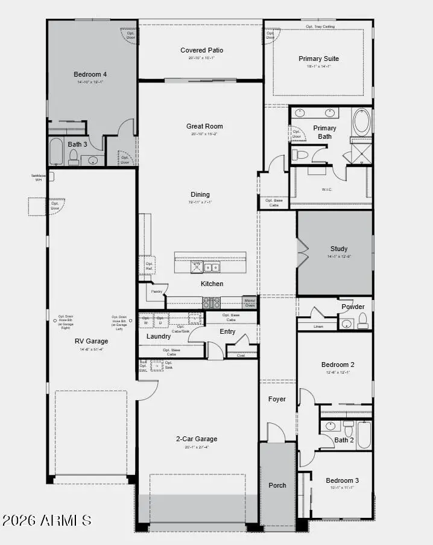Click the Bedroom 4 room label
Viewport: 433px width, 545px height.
90,75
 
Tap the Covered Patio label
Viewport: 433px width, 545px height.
201,50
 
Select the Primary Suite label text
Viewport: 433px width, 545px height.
318,59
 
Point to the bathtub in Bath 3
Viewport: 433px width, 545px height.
55,151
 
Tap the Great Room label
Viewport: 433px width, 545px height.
204,126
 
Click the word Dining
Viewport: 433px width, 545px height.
200,194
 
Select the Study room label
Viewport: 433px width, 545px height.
338,249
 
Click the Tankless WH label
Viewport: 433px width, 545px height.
38,177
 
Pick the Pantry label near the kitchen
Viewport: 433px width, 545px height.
157,292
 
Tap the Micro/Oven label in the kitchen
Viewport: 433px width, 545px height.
250,302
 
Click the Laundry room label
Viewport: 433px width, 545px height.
159,336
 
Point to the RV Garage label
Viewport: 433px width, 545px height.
92,341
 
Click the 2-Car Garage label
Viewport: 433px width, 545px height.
197,439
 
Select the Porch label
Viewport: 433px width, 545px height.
277,485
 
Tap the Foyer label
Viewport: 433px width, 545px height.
277,399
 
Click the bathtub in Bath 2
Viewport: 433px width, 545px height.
364,434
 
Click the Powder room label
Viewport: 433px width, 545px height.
353,307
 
